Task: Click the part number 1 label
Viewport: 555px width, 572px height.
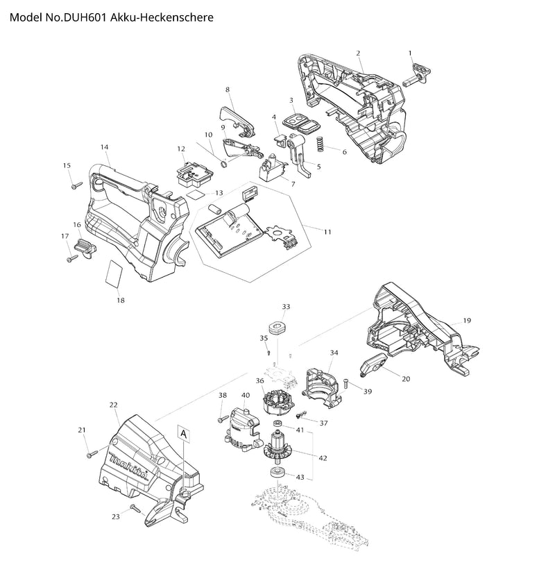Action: [410, 53]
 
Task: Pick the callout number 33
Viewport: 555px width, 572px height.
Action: [286, 306]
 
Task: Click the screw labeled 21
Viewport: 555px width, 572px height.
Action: [92, 455]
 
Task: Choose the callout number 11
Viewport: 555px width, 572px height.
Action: [326, 231]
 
